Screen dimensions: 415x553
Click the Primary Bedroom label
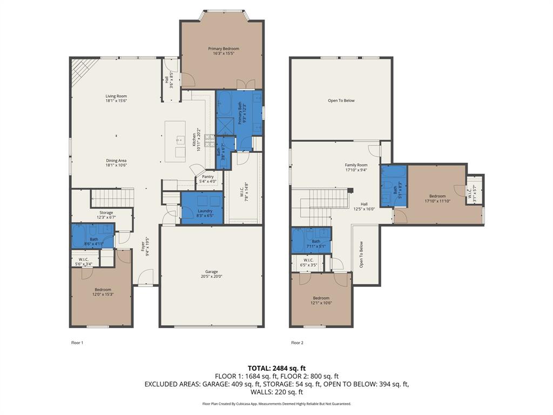point(224,49)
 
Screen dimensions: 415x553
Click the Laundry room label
point(205,211)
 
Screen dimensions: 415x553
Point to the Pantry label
point(208,176)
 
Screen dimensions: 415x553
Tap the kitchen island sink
point(179,140)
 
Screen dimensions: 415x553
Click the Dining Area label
point(116,160)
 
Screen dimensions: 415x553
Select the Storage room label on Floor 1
point(106,212)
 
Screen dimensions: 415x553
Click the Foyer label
point(143,246)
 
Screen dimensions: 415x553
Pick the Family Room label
point(356,165)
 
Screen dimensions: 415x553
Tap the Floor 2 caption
point(297,343)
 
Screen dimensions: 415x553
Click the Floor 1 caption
point(77,343)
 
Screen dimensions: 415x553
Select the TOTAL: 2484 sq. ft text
point(276,368)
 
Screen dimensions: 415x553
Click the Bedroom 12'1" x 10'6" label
point(321,298)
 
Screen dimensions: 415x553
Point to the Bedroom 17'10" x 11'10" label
point(437,196)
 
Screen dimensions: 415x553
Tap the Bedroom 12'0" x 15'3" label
point(103,290)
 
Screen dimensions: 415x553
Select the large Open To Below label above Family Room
point(341,101)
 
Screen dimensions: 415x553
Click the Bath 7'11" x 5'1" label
point(316,242)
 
